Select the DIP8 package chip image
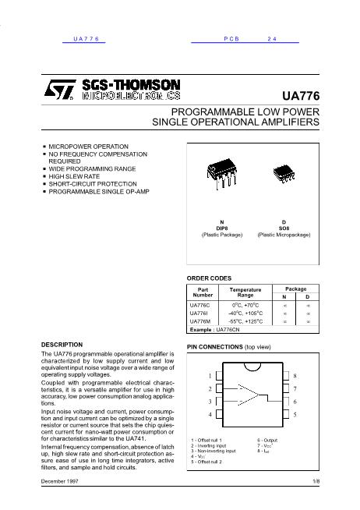pos(220,175)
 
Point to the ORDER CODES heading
pos(210,278)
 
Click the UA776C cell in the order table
pos(200,305)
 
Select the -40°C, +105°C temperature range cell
pos(245,313)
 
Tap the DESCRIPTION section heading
pos(62,344)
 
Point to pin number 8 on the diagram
pos(295,376)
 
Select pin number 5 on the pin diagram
pos(295,414)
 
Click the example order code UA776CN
pos(234,330)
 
